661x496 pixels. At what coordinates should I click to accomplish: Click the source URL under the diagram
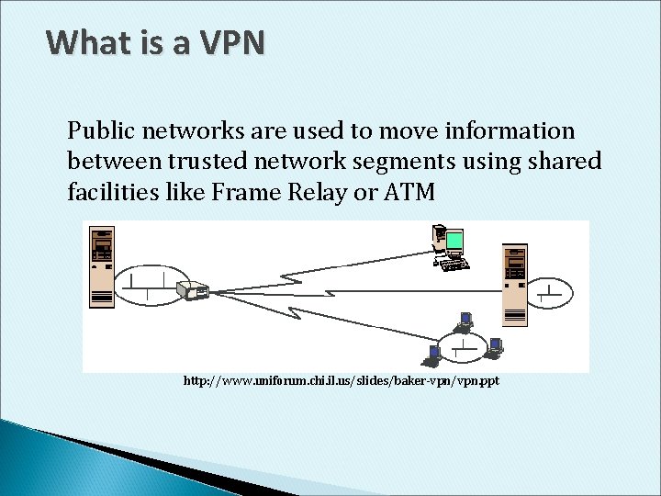click(x=342, y=380)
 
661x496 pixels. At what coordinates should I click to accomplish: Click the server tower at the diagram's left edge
click(x=100, y=265)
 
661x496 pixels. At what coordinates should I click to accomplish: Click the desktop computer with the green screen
click(x=450, y=246)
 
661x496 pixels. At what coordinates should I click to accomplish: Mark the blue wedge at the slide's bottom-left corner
click(x=55, y=459)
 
